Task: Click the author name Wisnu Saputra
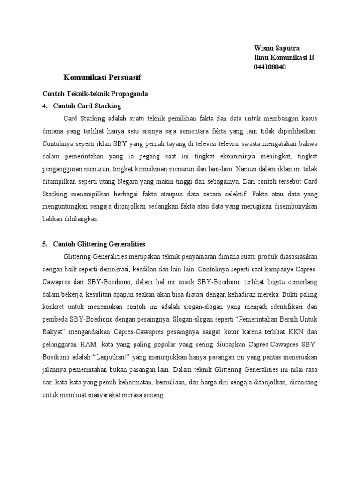(x=277, y=48)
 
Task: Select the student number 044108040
(x=270, y=67)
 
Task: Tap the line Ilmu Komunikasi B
(x=284, y=58)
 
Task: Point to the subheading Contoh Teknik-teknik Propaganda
(x=95, y=94)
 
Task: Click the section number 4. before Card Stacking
(x=45, y=106)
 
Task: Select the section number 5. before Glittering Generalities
(x=45, y=244)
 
